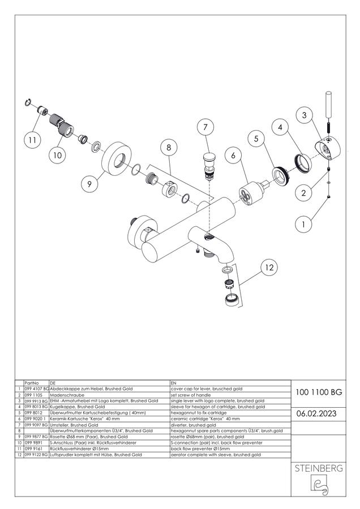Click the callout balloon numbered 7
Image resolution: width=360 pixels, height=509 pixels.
(x=205, y=127)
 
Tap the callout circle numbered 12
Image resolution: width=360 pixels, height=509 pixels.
(x=269, y=268)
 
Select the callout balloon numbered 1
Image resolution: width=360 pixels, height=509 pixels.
(x=303, y=225)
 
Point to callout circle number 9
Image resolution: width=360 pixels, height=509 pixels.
(x=89, y=184)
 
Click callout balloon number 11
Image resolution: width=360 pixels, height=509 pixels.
(x=32, y=140)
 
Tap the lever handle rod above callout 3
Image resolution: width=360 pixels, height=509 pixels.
(x=328, y=106)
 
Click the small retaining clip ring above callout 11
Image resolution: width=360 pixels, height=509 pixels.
(x=28, y=102)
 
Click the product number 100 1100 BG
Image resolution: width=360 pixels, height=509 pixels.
(x=319, y=392)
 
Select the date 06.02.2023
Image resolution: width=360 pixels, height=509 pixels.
(x=316, y=413)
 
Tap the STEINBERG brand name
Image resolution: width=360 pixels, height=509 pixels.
(x=319, y=468)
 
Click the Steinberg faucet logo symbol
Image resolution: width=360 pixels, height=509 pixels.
(x=319, y=485)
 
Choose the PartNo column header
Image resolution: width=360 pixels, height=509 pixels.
(x=32, y=383)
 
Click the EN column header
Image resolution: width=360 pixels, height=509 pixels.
(x=173, y=383)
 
